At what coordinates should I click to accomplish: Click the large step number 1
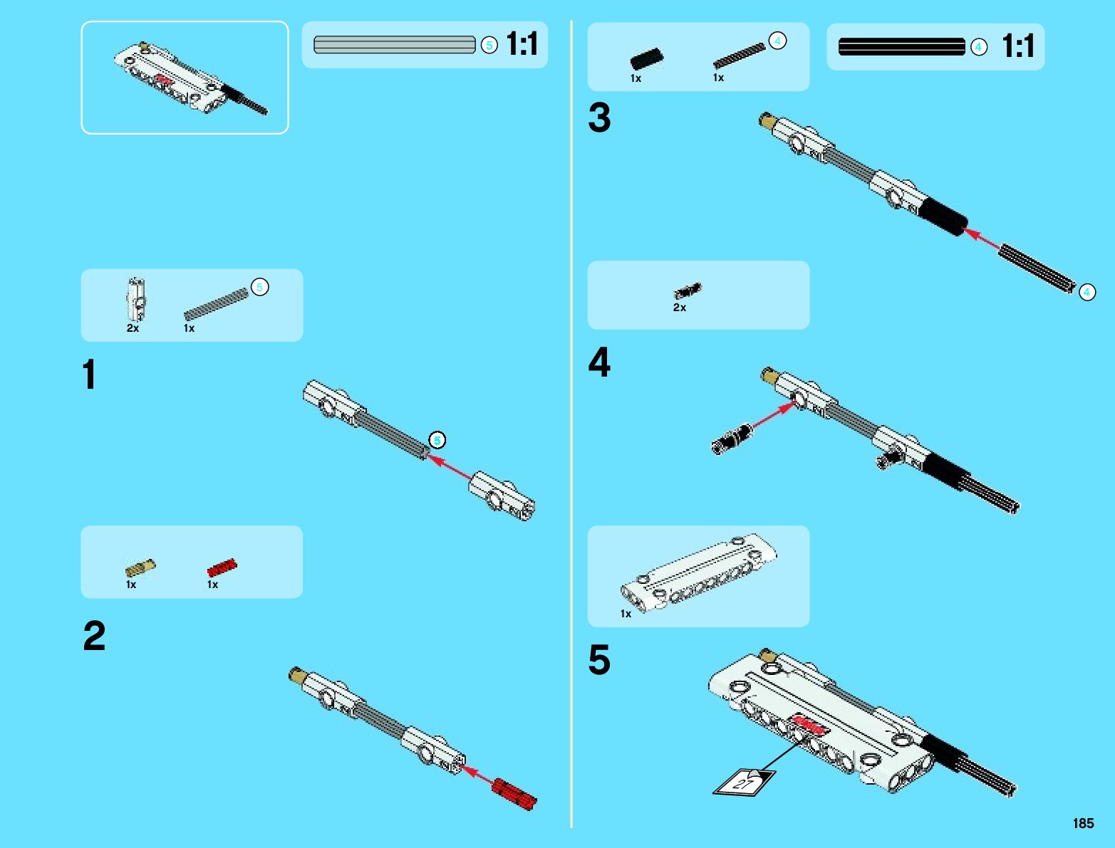pyautogui.click(x=89, y=375)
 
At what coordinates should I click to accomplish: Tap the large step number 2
pyautogui.click(x=94, y=636)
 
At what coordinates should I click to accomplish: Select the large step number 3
pyautogui.click(x=599, y=118)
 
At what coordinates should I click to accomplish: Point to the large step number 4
pyautogui.click(x=599, y=362)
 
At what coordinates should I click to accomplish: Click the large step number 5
pyautogui.click(x=599, y=659)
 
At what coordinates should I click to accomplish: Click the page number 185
pyautogui.click(x=1083, y=823)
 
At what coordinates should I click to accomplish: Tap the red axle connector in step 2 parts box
pyautogui.click(x=222, y=567)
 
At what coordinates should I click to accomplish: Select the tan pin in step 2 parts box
pyautogui.click(x=140, y=567)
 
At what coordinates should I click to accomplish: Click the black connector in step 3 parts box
pyautogui.click(x=647, y=58)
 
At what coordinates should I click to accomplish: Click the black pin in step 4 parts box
pyautogui.click(x=688, y=290)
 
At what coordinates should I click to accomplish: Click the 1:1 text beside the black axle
pyautogui.click(x=1018, y=46)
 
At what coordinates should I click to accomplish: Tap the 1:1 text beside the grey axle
pyautogui.click(x=522, y=44)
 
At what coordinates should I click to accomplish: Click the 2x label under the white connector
pyautogui.click(x=133, y=328)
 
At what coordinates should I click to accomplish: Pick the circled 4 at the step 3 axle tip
pyautogui.click(x=1087, y=292)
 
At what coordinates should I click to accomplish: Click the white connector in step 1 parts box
pyautogui.click(x=136, y=298)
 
